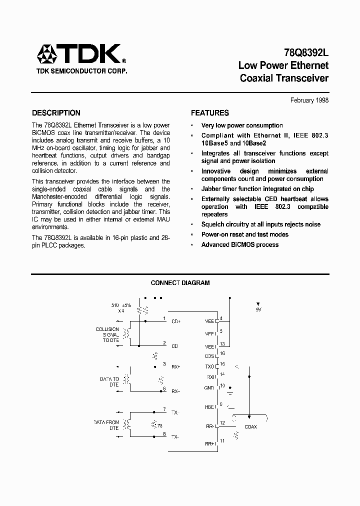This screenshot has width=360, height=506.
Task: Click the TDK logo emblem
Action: [49, 54]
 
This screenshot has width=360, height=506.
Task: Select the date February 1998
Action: [309, 100]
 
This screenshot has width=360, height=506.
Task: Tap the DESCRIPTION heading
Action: [56, 113]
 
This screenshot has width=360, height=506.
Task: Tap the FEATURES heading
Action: [210, 113]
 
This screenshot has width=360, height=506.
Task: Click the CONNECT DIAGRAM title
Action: [180, 283]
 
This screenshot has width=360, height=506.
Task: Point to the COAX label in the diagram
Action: [250, 426]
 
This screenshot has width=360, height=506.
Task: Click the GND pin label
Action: [209, 388]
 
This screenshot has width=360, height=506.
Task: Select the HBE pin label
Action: [209, 406]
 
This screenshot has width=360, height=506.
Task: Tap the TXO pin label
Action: [209, 366]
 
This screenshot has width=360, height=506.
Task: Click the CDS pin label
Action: [209, 356]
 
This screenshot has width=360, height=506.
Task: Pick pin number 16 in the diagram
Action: [222, 353]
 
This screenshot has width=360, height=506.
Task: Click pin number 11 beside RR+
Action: [222, 440]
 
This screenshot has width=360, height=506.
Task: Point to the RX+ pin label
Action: [175, 366]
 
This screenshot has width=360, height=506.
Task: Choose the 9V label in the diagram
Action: [258, 310]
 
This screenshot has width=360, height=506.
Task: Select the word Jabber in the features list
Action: [211, 189]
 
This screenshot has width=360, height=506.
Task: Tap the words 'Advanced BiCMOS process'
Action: [239, 244]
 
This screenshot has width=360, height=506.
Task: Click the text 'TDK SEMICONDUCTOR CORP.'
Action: [81, 71]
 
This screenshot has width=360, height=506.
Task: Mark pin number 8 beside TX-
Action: [164, 433]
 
